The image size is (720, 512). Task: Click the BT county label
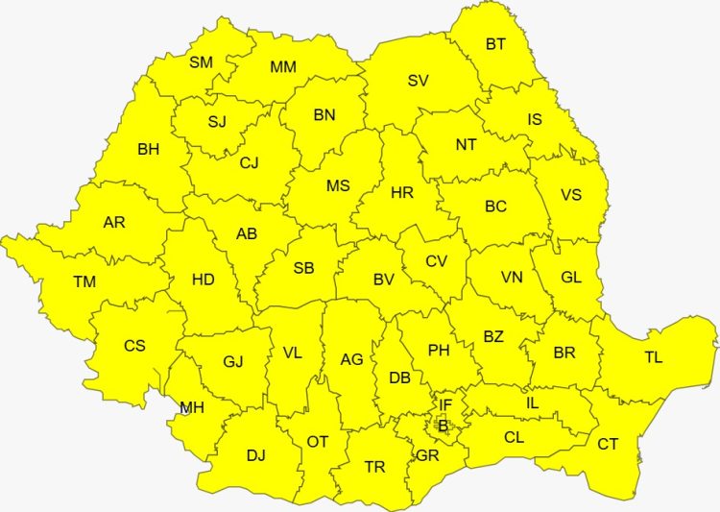pos(495,44)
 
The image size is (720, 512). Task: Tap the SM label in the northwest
pos(201,62)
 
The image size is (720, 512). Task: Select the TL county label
pos(653,358)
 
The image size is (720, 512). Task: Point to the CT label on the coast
pos(608,444)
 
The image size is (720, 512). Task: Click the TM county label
pos(84,282)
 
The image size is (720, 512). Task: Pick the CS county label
pos(134,346)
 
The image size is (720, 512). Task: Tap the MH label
pos(192,407)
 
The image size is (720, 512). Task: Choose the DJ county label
pos(255,455)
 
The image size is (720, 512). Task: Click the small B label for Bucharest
pos(443,427)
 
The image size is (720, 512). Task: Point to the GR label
pos(428,456)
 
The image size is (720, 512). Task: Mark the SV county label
pos(418,81)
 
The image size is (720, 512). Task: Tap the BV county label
pos(384,280)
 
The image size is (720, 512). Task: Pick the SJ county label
pos(217,122)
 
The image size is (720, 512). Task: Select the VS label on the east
pos(571,195)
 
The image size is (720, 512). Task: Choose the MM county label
pos(283,67)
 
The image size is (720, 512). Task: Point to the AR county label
pos(114,223)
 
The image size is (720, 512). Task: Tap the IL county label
pos(532,403)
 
